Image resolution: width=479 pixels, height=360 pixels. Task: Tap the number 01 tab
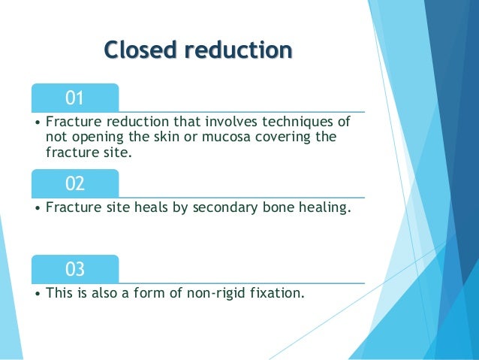74,98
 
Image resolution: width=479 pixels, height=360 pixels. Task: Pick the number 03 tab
74,269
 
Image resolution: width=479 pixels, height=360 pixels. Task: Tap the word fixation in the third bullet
279,293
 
